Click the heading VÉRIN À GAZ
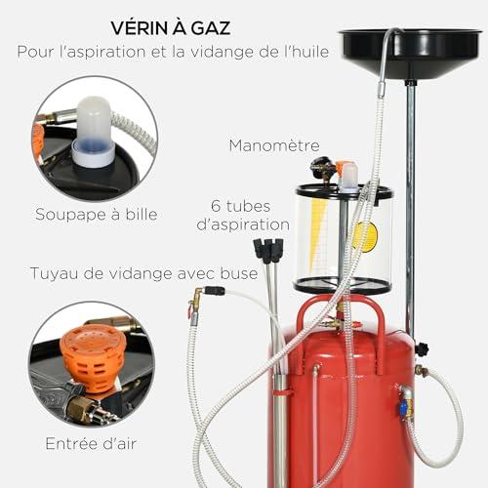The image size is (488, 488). tap(171, 27)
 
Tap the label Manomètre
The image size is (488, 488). tap(274, 145)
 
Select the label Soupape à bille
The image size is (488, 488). tap(97, 215)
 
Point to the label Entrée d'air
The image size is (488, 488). tap(91, 443)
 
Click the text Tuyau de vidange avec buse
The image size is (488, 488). tap(143, 273)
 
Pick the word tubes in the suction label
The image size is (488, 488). tap(248, 206)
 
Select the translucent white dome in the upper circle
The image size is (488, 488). tap(93, 130)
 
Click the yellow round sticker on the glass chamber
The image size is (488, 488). tap(368, 236)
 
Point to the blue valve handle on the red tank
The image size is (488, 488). tap(403, 408)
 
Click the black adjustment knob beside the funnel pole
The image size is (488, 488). tap(422, 349)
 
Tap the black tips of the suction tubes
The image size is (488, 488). tap(268, 250)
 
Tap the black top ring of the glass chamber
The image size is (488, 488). tap(345, 192)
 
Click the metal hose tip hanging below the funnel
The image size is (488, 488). tap(382, 90)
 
